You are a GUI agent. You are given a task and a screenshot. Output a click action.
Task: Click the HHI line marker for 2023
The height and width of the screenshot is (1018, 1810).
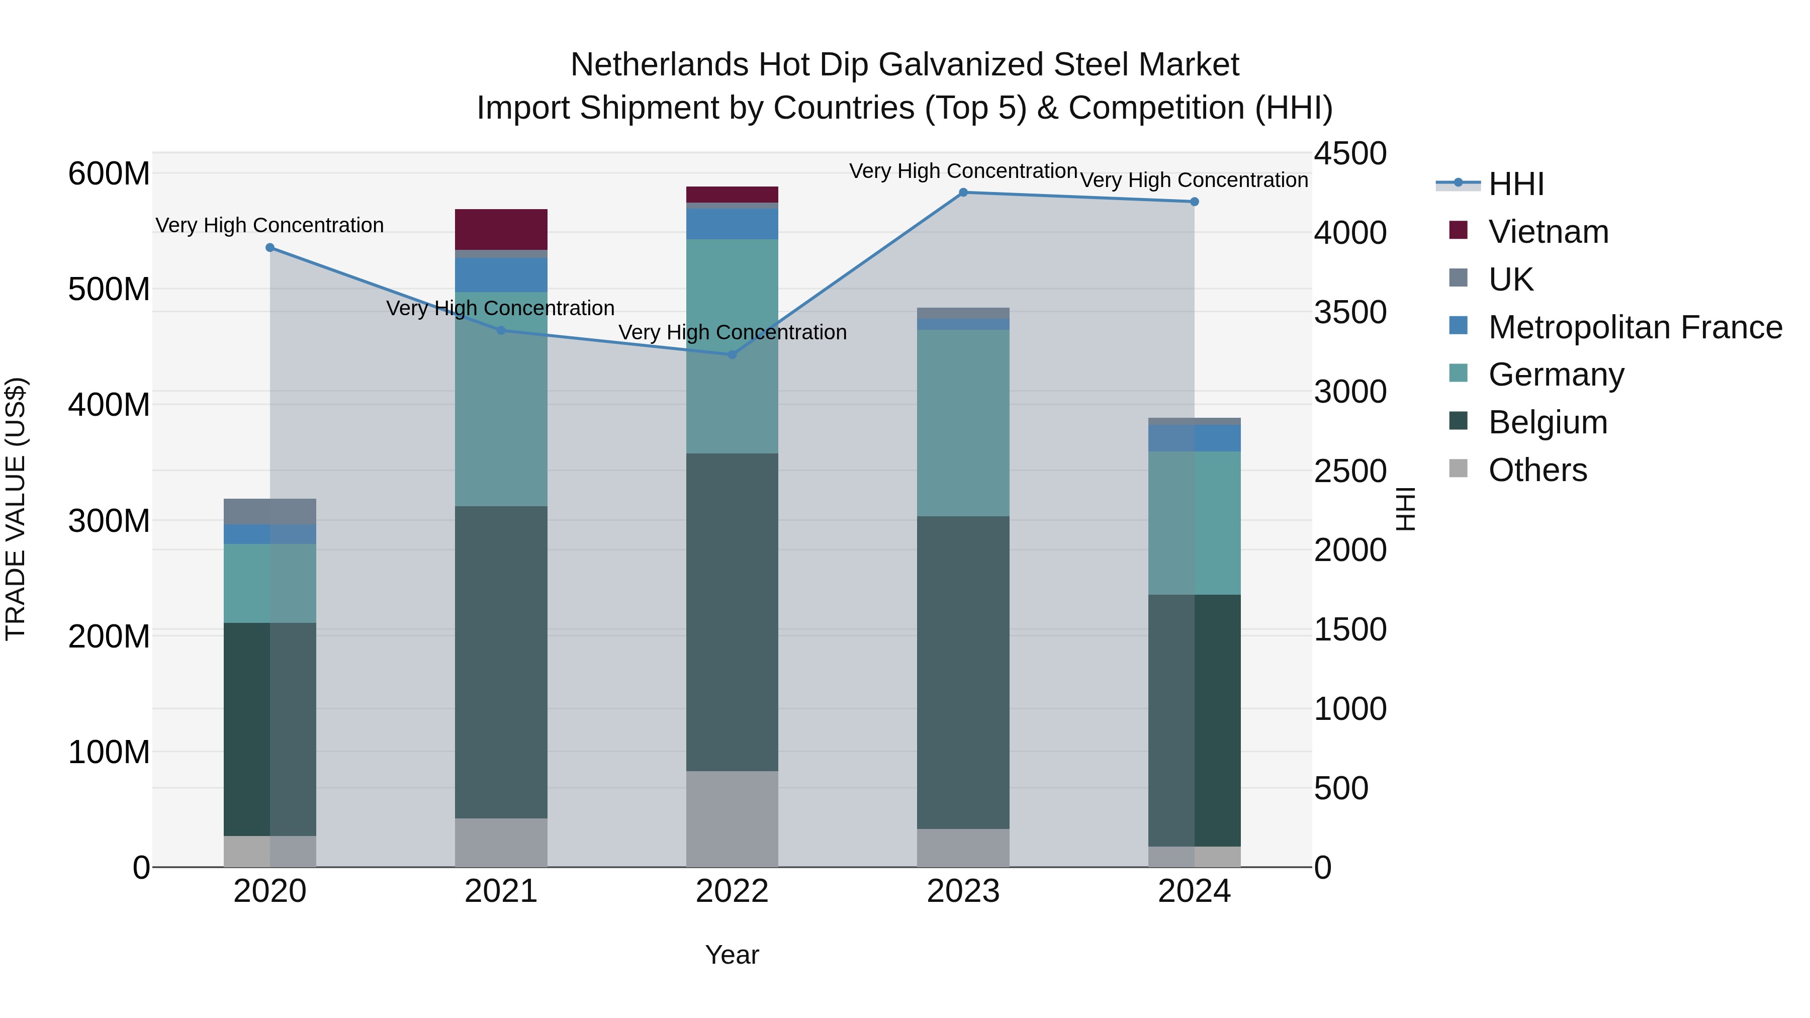pyautogui.click(x=963, y=193)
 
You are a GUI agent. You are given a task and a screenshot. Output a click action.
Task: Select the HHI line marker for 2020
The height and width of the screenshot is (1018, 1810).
pyautogui.click(x=270, y=247)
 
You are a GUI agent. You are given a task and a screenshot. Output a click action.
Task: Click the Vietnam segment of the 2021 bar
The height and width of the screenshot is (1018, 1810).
pyautogui.click(x=501, y=229)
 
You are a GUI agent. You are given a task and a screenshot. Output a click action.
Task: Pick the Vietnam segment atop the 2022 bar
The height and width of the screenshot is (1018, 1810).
pyautogui.click(x=732, y=195)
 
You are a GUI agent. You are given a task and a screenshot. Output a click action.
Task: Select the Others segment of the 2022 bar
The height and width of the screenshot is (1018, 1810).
pyautogui.click(x=732, y=818)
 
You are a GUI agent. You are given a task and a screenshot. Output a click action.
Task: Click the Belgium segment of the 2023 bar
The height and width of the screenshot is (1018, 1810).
pyautogui.click(x=963, y=672)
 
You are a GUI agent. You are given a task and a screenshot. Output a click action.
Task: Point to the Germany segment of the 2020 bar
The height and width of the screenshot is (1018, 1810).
pyautogui.click(x=270, y=583)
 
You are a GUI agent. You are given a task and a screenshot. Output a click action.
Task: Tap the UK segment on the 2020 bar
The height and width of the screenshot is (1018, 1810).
pyautogui.click(x=270, y=511)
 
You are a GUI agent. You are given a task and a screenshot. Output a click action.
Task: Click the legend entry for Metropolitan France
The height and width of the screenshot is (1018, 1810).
pyautogui.click(x=1635, y=327)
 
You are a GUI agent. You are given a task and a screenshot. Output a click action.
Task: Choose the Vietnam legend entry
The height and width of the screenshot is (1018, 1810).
pyautogui.click(x=1548, y=232)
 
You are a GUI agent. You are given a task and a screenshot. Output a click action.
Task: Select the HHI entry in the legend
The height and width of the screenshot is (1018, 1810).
pyautogui.click(x=1515, y=184)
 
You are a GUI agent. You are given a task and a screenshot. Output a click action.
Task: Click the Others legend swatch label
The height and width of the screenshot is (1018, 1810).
pyautogui.click(x=1537, y=470)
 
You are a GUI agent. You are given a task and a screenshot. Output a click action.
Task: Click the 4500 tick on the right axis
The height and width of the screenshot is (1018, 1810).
pyautogui.click(x=1350, y=154)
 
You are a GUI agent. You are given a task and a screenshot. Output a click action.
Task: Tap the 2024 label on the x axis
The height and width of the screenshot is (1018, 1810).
pyautogui.click(x=1194, y=891)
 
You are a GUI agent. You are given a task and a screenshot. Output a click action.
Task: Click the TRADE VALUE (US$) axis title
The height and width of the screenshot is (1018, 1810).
pyautogui.click(x=16, y=509)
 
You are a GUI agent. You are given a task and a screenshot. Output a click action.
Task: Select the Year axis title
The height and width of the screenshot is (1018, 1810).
pyautogui.click(x=732, y=955)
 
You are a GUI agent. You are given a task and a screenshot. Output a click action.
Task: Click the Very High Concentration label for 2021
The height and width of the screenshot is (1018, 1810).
pyautogui.click(x=500, y=309)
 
